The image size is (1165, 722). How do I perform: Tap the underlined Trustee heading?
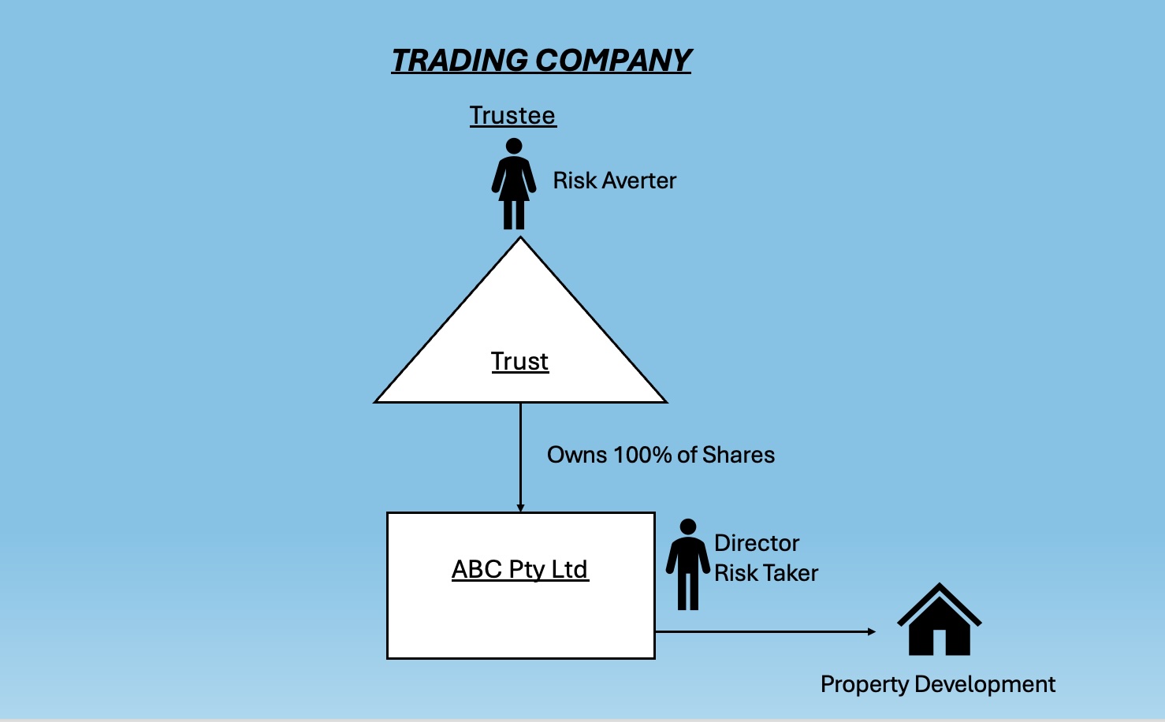(512, 116)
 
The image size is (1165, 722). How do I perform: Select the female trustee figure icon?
(514, 185)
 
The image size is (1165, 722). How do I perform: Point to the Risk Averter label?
(614, 180)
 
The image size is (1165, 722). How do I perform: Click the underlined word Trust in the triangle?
(519, 361)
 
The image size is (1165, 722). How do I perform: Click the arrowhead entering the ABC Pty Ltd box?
(520, 508)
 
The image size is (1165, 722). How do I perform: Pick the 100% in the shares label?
(642, 455)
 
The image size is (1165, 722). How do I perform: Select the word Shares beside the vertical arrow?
(739, 455)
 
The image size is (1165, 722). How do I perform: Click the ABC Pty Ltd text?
(520, 569)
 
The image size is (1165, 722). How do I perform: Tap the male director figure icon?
(688, 564)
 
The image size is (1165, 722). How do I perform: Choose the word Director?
(757, 543)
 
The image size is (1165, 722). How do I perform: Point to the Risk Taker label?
(766, 573)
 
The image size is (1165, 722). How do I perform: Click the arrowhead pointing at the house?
(871, 631)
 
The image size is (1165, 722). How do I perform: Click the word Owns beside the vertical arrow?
(577, 455)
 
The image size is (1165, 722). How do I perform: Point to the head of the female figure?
(514, 146)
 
